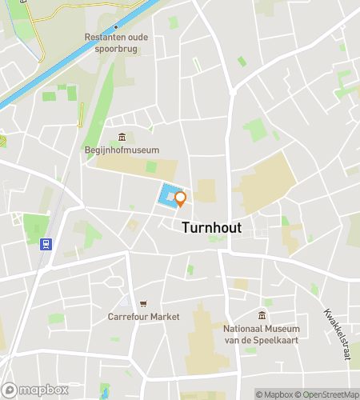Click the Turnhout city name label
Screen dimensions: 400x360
pyautogui.click(x=212, y=227)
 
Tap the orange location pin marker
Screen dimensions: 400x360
pyautogui.click(x=180, y=198)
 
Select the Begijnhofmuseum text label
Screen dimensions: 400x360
pyautogui.click(x=122, y=150)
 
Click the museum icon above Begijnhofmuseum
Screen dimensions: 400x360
pyautogui.click(x=122, y=137)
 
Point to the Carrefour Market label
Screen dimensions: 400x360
pyautogui.click(x=144, y=316)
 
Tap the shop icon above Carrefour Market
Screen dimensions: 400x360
pyautogui.click(x=143, y=303)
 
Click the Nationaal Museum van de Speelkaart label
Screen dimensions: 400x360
pyautogui.click(x=262, y=334)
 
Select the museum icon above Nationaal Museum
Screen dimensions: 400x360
pyautogui.click(x=262, y=315)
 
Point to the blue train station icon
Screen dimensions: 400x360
pyautogui.click(x=46, y=243)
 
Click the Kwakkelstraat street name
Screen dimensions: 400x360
pyautogui.click(x=339, y=334)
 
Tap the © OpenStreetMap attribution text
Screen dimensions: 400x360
pyautogui.click(x=328, y=394)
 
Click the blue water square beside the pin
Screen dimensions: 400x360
pyautogui.click(x=168, y=196)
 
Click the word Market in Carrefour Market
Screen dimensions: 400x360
pyautogui.click(x=165, y=316)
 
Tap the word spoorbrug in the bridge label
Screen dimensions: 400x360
pyautogui.click(x=116, y=47)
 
